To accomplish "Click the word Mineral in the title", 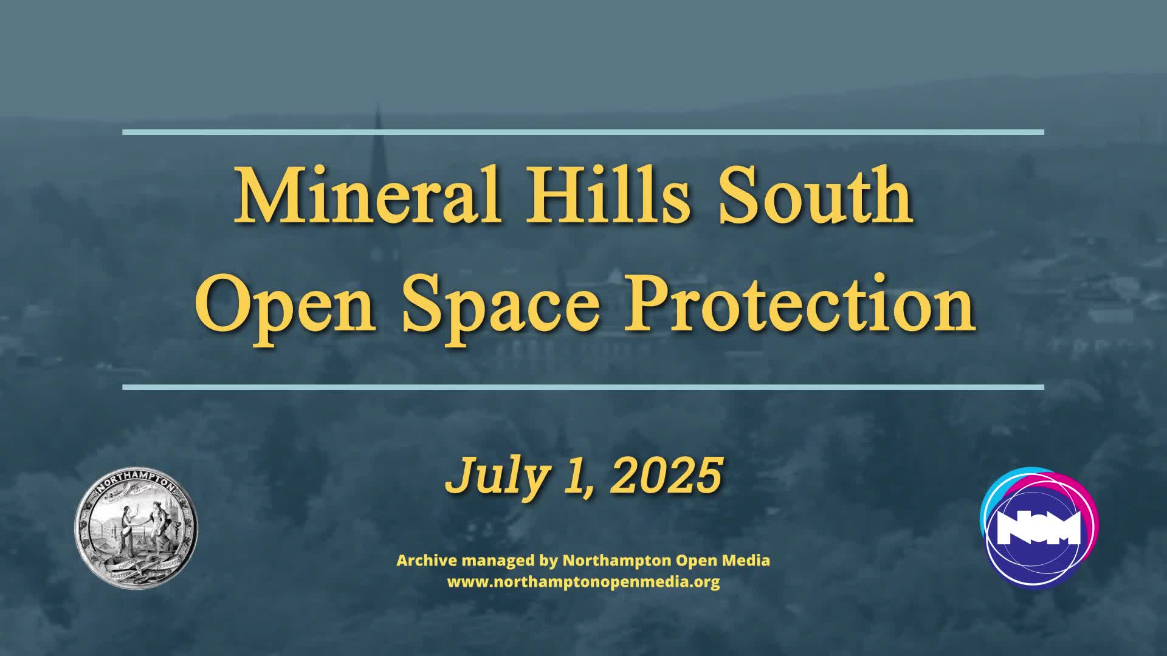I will point(367,196).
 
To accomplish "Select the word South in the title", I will point(815,196).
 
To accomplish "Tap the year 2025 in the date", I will point(666,476).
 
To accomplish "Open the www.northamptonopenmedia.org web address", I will point(583,582).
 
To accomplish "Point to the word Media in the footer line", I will point(748,560).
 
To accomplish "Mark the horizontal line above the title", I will point(583,132).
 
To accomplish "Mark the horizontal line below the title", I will point(583,387).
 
